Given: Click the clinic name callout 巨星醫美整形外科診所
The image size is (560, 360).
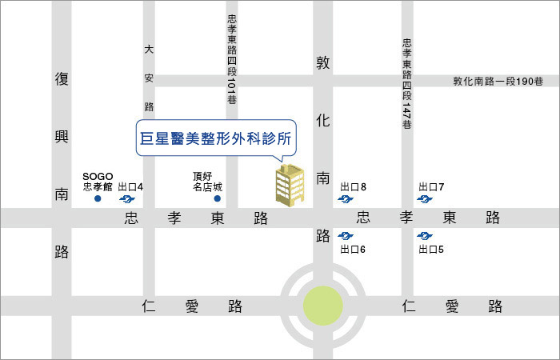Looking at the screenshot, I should [214, 138].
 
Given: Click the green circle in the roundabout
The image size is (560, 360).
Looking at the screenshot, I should [323, 305].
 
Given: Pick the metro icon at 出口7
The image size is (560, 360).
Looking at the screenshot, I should [425, 199].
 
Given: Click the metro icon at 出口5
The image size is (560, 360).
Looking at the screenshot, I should [425, 235].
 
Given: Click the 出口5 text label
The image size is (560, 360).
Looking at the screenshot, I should [430, 250].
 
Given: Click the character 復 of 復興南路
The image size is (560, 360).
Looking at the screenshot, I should [62, 79].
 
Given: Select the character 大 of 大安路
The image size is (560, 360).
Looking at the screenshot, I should [149, 50].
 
